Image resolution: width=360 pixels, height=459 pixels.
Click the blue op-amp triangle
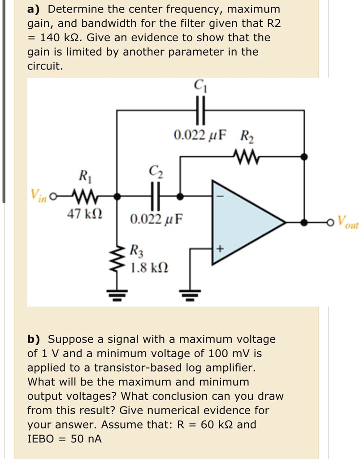[x=242, y=221]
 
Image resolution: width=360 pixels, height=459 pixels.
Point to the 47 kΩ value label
[x=84, y=214]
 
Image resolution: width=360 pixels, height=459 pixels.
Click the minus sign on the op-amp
[x=220, y=196]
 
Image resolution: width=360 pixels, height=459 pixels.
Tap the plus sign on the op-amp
[x=220, y=247]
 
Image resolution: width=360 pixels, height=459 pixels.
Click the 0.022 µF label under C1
[x=200, y=134]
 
